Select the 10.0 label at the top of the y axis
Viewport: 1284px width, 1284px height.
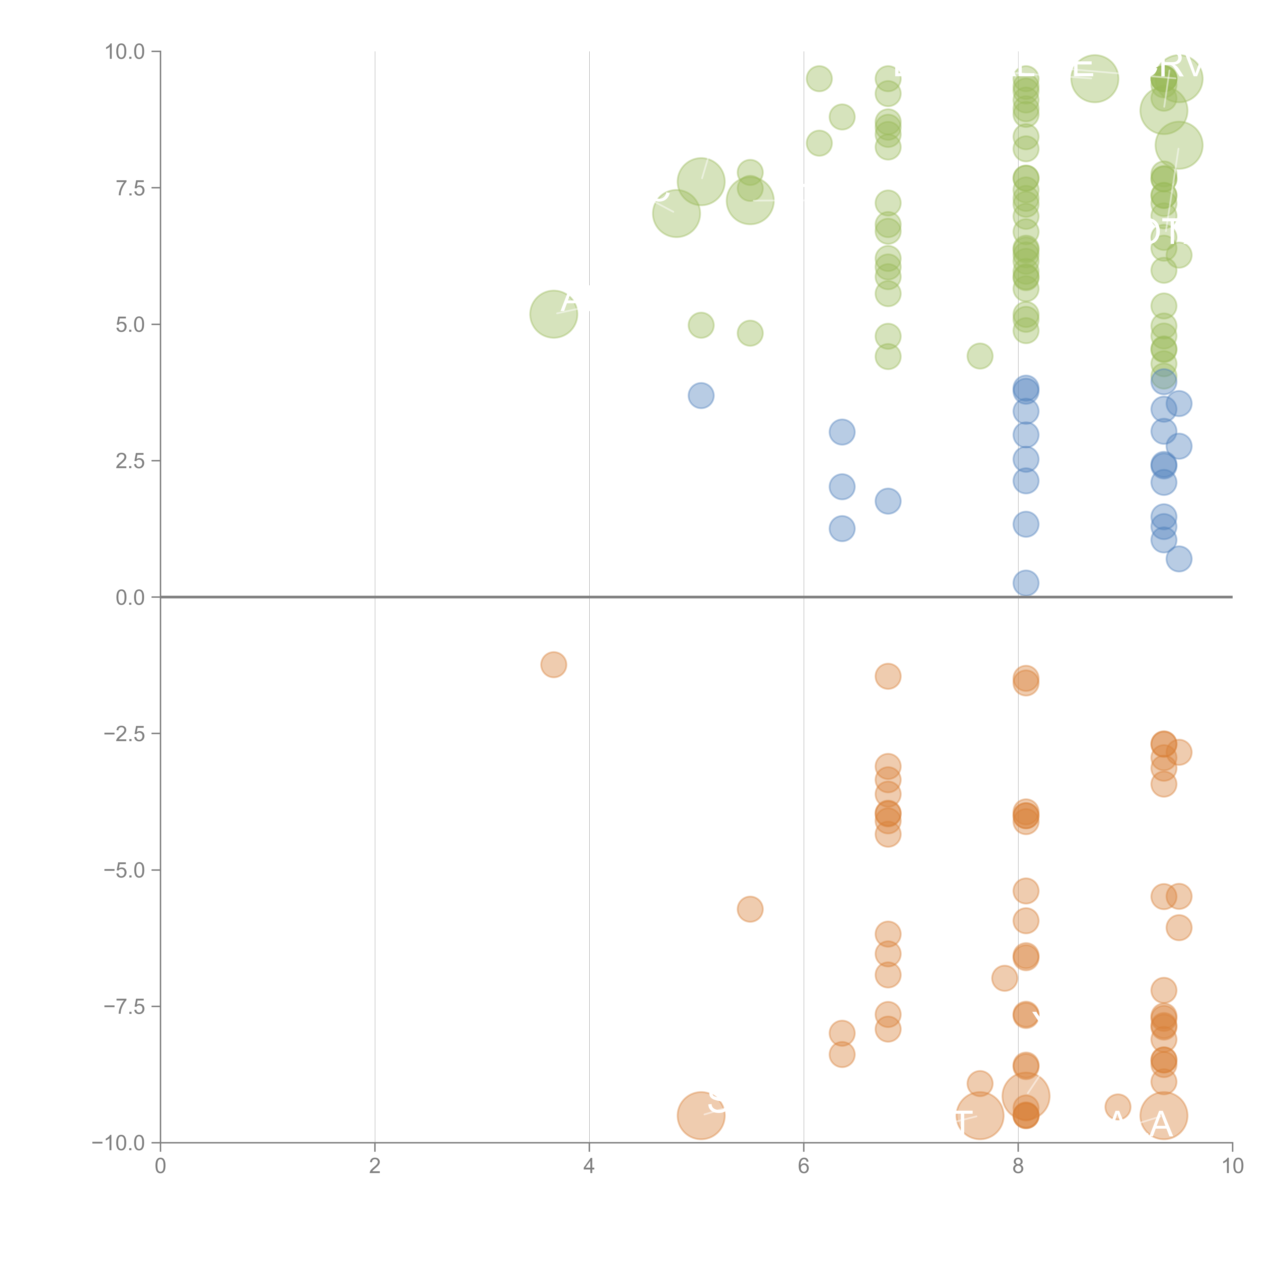[x=125, y=52]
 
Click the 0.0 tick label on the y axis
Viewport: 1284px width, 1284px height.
[x=130, y=598]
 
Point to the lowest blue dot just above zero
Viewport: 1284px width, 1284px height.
[x=1025, y=583]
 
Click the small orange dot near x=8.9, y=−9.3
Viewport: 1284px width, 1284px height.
[x=1117, y=1107]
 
